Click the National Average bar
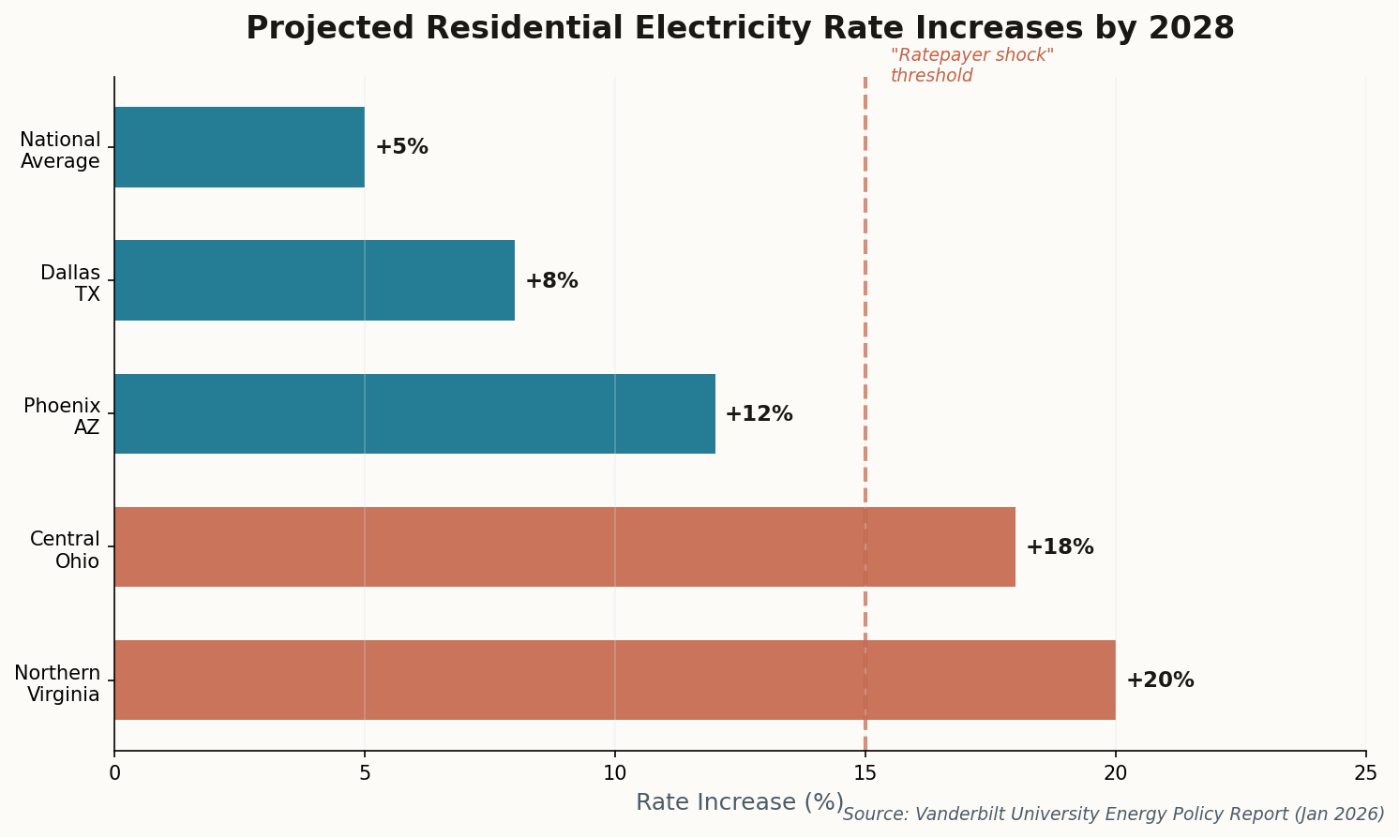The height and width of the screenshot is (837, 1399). tap(239, 147)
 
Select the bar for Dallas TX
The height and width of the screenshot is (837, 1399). tap(314, 280)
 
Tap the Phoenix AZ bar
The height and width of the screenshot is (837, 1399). tap(414, 413)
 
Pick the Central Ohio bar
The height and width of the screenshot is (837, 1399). tap(564, 546)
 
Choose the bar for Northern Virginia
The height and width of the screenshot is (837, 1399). tap(614, 680)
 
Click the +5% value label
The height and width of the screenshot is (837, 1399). tap(401, 147)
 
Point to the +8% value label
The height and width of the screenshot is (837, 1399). tap(551, 281)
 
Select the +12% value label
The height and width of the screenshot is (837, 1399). tap(759, 414)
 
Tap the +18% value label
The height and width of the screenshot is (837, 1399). tap(1060, 547)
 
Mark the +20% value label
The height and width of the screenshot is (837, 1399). tap(1160, 680)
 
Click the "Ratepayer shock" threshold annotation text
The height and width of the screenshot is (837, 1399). tap(971, 66)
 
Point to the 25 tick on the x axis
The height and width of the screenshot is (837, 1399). tap(1365, 772)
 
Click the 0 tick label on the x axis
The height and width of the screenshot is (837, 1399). tap(114, 772)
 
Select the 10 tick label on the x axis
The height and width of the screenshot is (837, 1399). tap(614, 772)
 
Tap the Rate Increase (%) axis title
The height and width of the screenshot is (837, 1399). tap(739, 802)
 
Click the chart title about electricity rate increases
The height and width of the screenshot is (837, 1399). tap(740, 28)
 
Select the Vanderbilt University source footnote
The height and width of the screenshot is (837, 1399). tap(1113, 814)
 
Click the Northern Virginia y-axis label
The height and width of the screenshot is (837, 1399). tap(58, 683)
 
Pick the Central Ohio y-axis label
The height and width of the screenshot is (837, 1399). tap(65, 550)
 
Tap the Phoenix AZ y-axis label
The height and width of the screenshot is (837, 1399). tap(63, 416)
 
